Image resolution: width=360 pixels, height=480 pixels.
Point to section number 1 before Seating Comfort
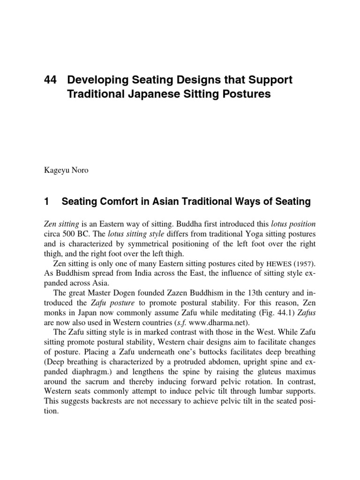coord(45,202)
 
